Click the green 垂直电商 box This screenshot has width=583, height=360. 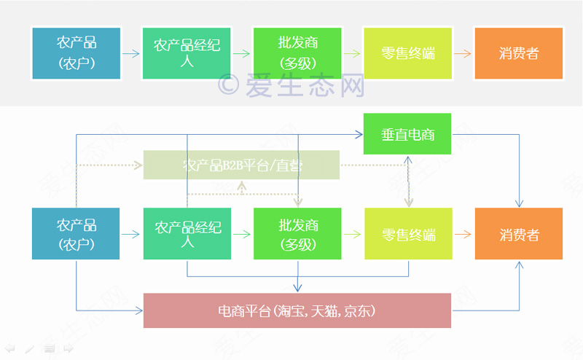coord(407,134)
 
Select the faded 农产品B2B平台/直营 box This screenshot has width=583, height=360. coord(242,165)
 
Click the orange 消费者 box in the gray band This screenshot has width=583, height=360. coord(518,53)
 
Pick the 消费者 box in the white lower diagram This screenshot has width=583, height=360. coord(519,234)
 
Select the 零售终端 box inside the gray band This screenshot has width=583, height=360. coord(408,53)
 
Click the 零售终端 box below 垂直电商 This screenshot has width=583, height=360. coord(408,234)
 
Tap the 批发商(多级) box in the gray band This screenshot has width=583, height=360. coord(297,53)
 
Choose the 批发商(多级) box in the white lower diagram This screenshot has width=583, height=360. coord(297,234)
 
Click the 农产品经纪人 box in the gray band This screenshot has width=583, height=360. coord(187,53)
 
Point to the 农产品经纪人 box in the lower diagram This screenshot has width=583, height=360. coord(187,234)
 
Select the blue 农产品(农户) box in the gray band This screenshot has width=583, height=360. coord(76,53)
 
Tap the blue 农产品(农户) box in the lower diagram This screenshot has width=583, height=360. coord(76,234)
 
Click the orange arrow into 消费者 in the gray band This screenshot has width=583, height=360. coord(463,53)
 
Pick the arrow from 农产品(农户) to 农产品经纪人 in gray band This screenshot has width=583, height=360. coord(131,53)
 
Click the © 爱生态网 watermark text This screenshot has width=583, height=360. coord(291,85)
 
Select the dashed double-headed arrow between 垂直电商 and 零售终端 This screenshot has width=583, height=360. coord(409,181)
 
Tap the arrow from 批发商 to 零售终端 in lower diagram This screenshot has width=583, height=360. coord(353,234)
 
